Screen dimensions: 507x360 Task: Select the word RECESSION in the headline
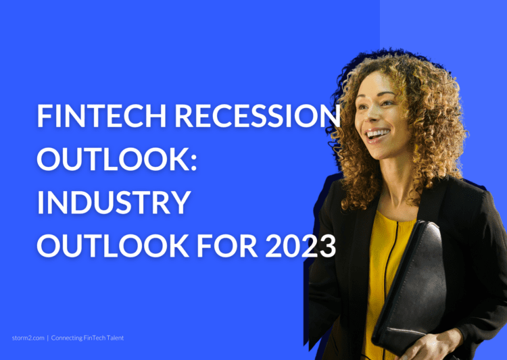pyautogui.click(x=258, y=115)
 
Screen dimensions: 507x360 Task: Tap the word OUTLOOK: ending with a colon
pyautogui.click(x=117, y=159)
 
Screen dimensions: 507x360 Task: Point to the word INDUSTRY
pyautogui.click(x=114, y=202)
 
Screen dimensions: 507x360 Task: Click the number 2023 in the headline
pyautogui.click(x=301, y=246)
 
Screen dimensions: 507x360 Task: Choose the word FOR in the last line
pyautogui.click(x=227, y=246)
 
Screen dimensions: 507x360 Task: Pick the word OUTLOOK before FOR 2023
pyautogui.click(x=113, y=246)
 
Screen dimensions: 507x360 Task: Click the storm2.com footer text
pyautogui.click(x=28, y=338)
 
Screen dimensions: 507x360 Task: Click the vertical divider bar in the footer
pyautogui.click(x=48, y=338)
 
